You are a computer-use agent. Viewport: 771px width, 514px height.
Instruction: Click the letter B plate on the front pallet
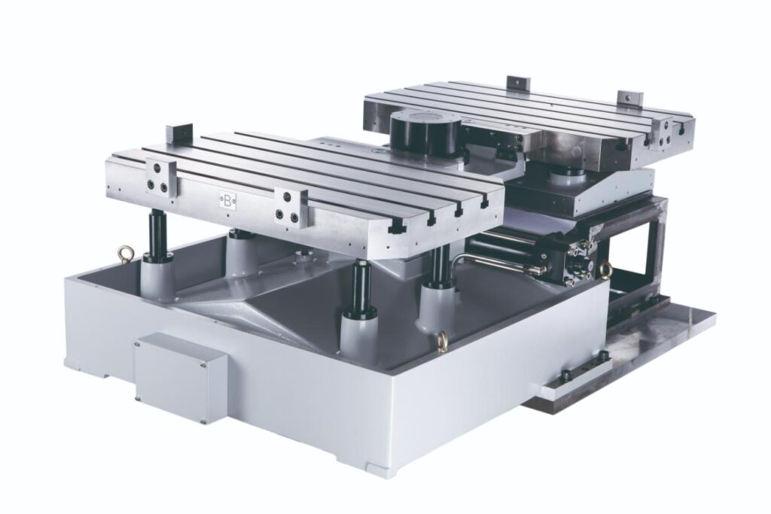coord(227,201)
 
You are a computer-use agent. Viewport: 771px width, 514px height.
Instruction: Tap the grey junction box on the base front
coord(181,377)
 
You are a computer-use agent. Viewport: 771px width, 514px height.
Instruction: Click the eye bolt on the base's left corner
coord(122,254)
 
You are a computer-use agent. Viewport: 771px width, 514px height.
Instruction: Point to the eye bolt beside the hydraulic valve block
coord(605,269)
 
